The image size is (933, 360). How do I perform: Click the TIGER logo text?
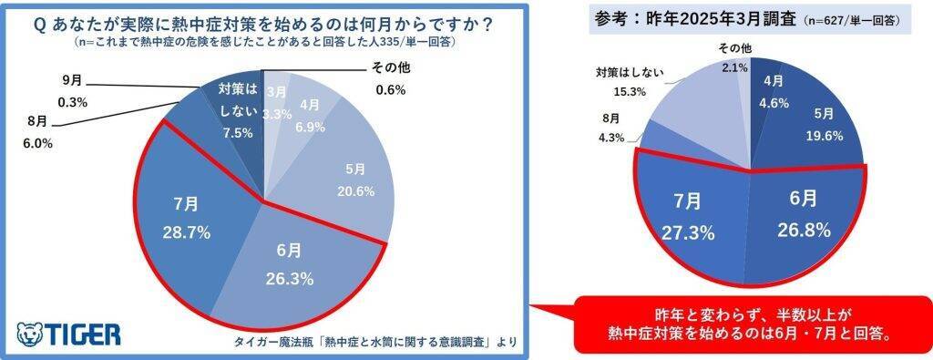coord(80,334)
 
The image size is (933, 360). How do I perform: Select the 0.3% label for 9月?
coord(67,102)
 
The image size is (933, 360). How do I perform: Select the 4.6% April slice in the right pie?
coord(774,91)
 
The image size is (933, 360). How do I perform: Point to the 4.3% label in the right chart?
coord(612,138)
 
